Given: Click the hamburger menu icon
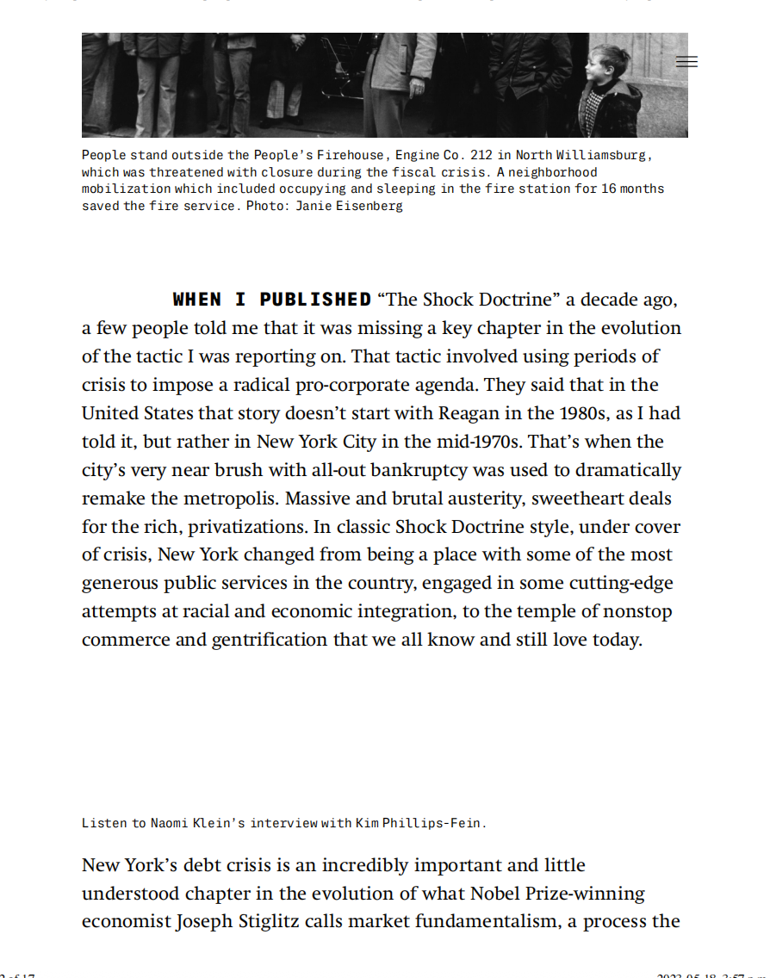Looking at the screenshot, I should pyautogui.click(x=686, y=61).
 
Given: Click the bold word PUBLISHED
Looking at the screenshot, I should pyautogui.click(x=315, y=300).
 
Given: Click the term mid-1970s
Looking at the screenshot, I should pyautogui.click(x=477, y=442).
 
